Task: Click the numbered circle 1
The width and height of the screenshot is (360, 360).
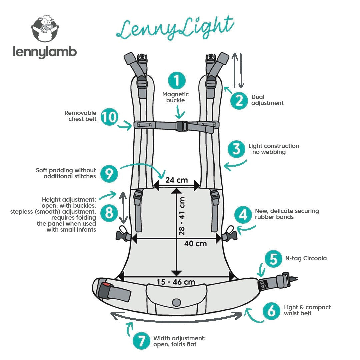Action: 177,80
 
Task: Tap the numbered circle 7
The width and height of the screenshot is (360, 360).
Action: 141,340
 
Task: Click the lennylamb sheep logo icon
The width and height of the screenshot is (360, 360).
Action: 45,29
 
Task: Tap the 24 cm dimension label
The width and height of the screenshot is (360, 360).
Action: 177,180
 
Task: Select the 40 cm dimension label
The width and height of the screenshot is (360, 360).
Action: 195,243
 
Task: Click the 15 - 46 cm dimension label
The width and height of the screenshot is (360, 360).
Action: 176,282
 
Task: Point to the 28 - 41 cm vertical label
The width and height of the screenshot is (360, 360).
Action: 182,216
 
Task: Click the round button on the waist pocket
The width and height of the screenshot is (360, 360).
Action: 176,302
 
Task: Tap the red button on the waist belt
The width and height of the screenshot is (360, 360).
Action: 106,285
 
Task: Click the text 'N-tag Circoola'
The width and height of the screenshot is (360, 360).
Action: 305,258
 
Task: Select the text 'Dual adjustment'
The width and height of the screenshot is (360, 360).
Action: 267,100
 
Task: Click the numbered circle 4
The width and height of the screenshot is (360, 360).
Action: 243,215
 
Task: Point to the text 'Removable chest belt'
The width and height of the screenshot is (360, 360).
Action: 81,116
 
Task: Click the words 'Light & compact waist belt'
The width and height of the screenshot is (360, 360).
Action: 307,310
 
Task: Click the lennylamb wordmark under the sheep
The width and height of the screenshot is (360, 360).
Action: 45,52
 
